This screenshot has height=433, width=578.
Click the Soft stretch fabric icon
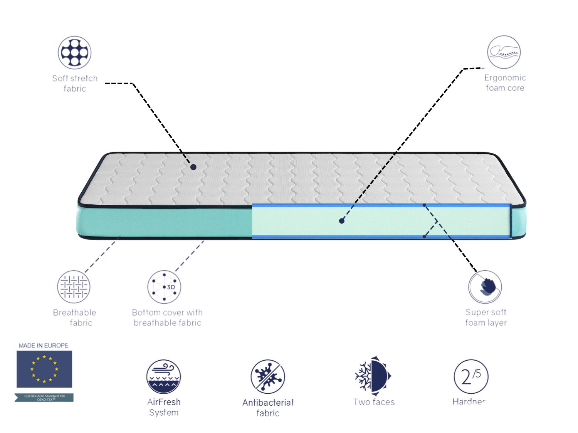[74, 53]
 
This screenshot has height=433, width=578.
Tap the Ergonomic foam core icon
[504, 52]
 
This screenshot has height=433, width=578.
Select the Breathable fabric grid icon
[74, 287]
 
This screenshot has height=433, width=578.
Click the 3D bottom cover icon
[164, 287]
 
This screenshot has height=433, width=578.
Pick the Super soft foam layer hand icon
[485, 287]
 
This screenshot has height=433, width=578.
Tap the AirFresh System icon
[164, 376]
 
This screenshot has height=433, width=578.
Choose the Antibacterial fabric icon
[268, 376]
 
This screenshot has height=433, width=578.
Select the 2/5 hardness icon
[471, 376]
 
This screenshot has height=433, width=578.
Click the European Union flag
[44, 369]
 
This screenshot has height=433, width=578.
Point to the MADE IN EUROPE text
[44, 346]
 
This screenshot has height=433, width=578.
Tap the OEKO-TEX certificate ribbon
[44, 398]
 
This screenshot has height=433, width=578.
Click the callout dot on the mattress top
[193, 167]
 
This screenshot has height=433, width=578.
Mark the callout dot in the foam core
[341, 221]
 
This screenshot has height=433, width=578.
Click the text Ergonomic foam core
[505, 83]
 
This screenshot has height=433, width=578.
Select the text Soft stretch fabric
[75, 83]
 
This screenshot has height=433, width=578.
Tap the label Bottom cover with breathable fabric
[167, 318]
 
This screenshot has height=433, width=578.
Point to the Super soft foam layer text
[486, 317]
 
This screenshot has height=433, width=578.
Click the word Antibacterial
[268, 403]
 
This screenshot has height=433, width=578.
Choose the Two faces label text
[374, 402]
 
